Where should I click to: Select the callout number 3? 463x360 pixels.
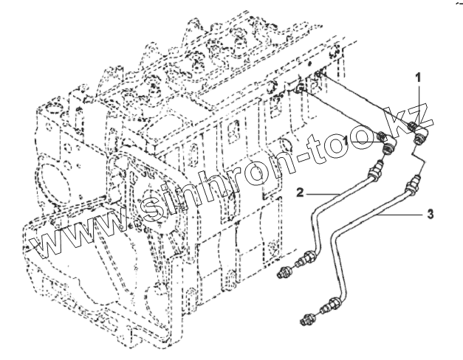pos(428,215)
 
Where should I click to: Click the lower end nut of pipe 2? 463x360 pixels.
pos(305,260)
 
